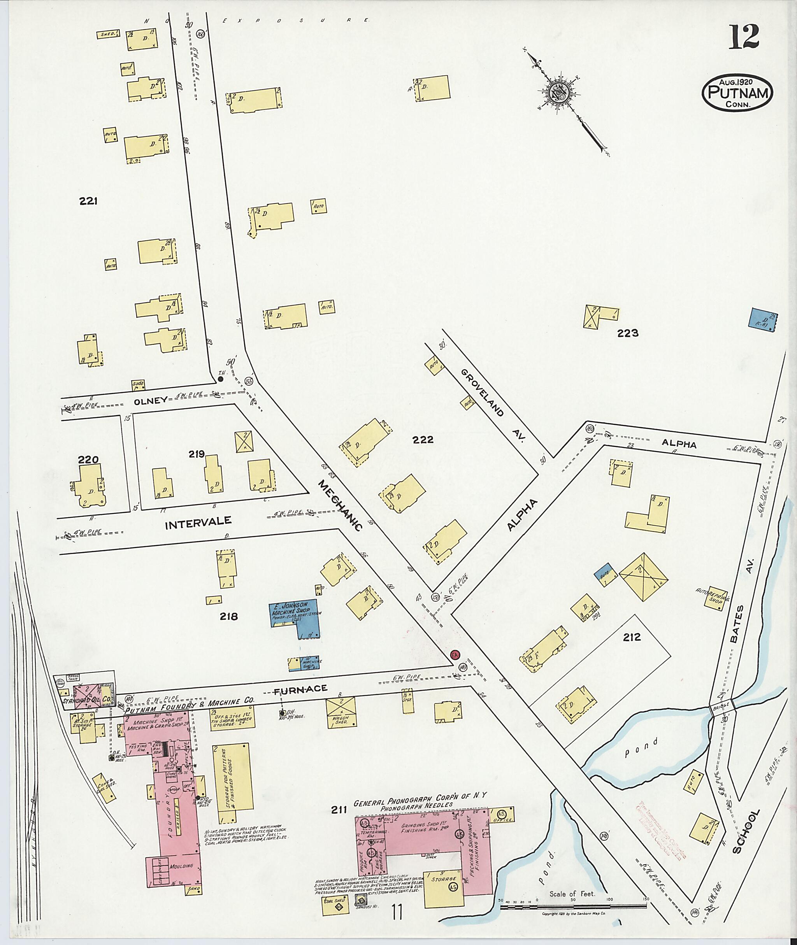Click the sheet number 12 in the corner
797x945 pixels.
744,37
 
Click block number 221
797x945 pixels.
89,201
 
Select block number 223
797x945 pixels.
628,333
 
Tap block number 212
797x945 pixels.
631,637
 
